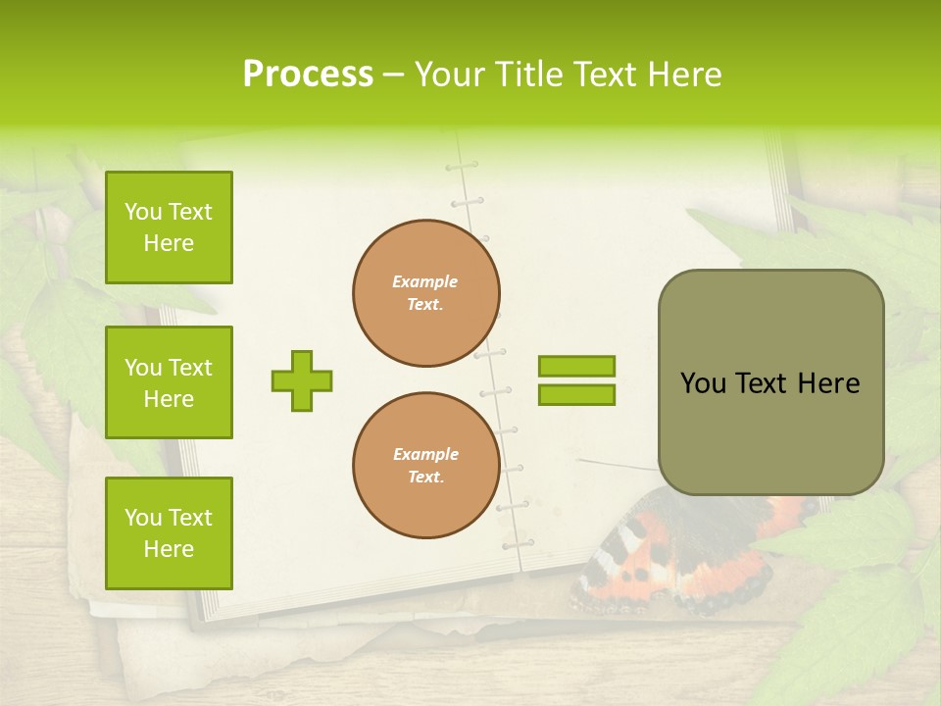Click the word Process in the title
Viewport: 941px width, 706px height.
[308, 75]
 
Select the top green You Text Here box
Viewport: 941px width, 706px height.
[169, 227]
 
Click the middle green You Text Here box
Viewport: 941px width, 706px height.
[169, 382]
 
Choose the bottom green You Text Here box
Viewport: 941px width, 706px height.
[169, 533]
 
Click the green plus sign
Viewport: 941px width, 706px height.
[302, 380]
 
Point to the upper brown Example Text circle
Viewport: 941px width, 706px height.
[426, 293]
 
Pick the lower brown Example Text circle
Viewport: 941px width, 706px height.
[426, 466]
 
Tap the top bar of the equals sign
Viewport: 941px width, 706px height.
[576, 367]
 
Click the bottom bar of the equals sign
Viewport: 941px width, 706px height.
[576, 394]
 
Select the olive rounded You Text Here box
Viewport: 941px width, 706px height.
[770, 382]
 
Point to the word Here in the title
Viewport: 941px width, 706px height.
[683, 75]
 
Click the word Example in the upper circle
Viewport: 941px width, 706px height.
[425, 281]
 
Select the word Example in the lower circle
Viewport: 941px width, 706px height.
[425, 454]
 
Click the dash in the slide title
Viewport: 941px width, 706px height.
[394, 75]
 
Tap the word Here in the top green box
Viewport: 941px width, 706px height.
[169, 243]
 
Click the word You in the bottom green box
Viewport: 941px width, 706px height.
[142, 518]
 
